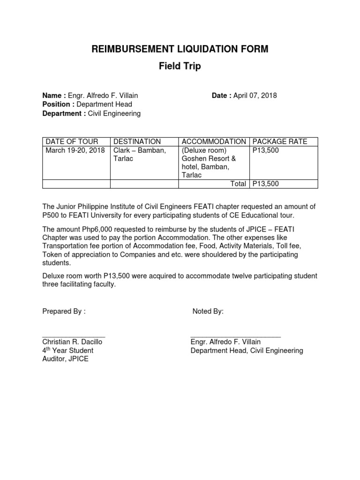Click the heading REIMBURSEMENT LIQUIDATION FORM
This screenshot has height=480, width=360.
(x=180, y=49)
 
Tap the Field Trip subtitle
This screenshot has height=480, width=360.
(x=180, y=66)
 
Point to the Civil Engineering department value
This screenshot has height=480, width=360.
(x=114, y=113)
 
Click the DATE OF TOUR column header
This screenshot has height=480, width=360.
(x=72, y=142)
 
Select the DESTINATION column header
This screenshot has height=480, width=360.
(x=137, y=142)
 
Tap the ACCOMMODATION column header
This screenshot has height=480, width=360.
(x=214, y=142)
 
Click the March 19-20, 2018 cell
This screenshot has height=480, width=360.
(x=75, y=150)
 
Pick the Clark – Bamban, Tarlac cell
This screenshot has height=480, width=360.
(x=140, y=154)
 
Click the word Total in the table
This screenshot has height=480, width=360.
(x=238, y=184)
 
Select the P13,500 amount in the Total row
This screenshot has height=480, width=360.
(x=266, y=184)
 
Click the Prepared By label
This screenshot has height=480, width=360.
(x=64, y=312)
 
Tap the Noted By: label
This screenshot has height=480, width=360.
(x=208, y=312)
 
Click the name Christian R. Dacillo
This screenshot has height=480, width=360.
(x=72, y=342)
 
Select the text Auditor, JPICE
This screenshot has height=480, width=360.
(x=65, y=359)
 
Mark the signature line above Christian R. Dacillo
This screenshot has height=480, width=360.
(x=74, y=337)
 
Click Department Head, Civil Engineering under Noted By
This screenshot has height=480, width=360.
(x=247, y=351)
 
